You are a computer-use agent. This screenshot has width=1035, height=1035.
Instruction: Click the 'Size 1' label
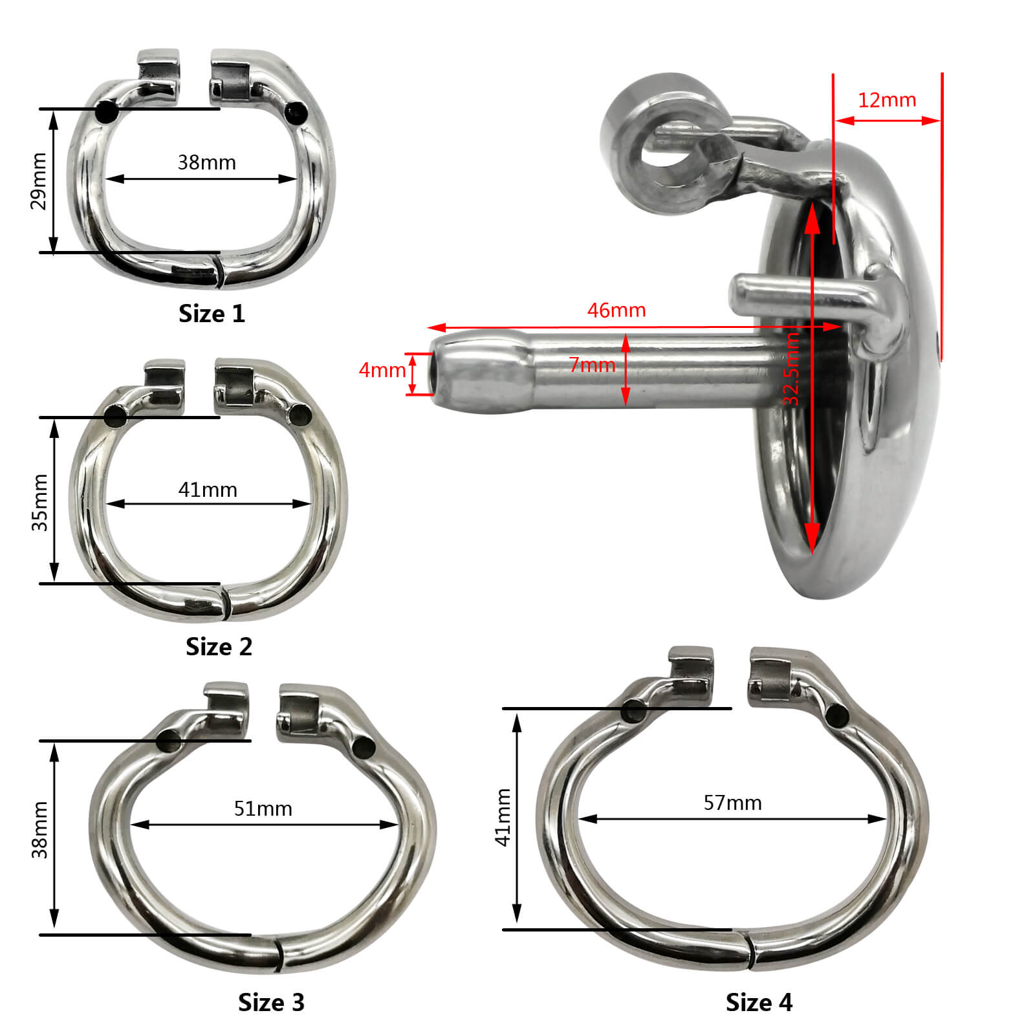click(x=212, y=314)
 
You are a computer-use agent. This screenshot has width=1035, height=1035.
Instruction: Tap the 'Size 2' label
click(x=219, y=647)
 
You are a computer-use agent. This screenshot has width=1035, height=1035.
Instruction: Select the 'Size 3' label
click(x=271, y=1002)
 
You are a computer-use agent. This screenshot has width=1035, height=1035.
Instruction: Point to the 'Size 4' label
click(x=759, y=1002)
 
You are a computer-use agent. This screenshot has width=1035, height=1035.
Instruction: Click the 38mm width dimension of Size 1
click(x=207, y=162)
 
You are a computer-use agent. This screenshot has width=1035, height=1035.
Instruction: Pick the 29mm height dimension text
click(x=39, y=181)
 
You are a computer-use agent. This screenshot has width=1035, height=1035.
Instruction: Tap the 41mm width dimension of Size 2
click(x=208, y=490)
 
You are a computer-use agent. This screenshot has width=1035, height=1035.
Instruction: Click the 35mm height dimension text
click(x=39, y=503)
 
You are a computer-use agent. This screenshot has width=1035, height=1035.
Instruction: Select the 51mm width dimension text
click(x=263, y=809)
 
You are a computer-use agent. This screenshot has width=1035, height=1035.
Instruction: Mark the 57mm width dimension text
click(x=733, y=803)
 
